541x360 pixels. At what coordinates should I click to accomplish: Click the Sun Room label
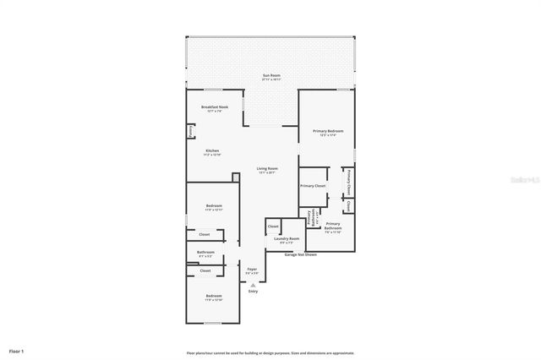(271, 77)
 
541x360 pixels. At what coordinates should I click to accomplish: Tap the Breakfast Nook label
(214, 108)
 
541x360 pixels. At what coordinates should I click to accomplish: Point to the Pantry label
(190, 132)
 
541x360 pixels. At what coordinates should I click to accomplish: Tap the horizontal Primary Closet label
(313, 185)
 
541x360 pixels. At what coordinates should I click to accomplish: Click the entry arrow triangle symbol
(253, 285)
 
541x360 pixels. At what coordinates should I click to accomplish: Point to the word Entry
(253, 292)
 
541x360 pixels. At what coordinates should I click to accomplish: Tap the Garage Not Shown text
(300, 254)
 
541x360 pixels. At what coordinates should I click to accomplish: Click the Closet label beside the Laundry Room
(273, 226)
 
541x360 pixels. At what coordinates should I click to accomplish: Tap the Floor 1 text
(17, 350)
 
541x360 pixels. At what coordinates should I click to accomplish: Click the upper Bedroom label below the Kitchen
(214, 207)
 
